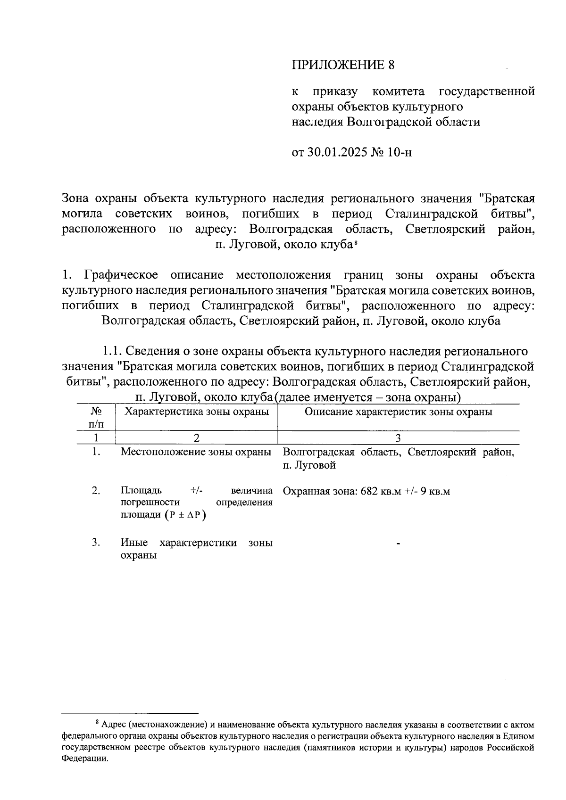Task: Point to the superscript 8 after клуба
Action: tap(356, 243)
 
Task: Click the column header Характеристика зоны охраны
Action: tap(196, 412)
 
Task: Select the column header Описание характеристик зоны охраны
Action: tap(399, 412)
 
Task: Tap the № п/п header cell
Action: tap(96, 417)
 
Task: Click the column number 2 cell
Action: tap(196, 438)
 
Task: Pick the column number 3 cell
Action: tap(399, 438)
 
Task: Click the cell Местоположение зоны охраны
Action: tap(196, 452)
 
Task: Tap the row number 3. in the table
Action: tap(96, 543)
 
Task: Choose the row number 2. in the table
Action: tap(96, 491)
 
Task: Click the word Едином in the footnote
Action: tap(520, 736)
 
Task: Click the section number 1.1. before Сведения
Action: tap(112, 352)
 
